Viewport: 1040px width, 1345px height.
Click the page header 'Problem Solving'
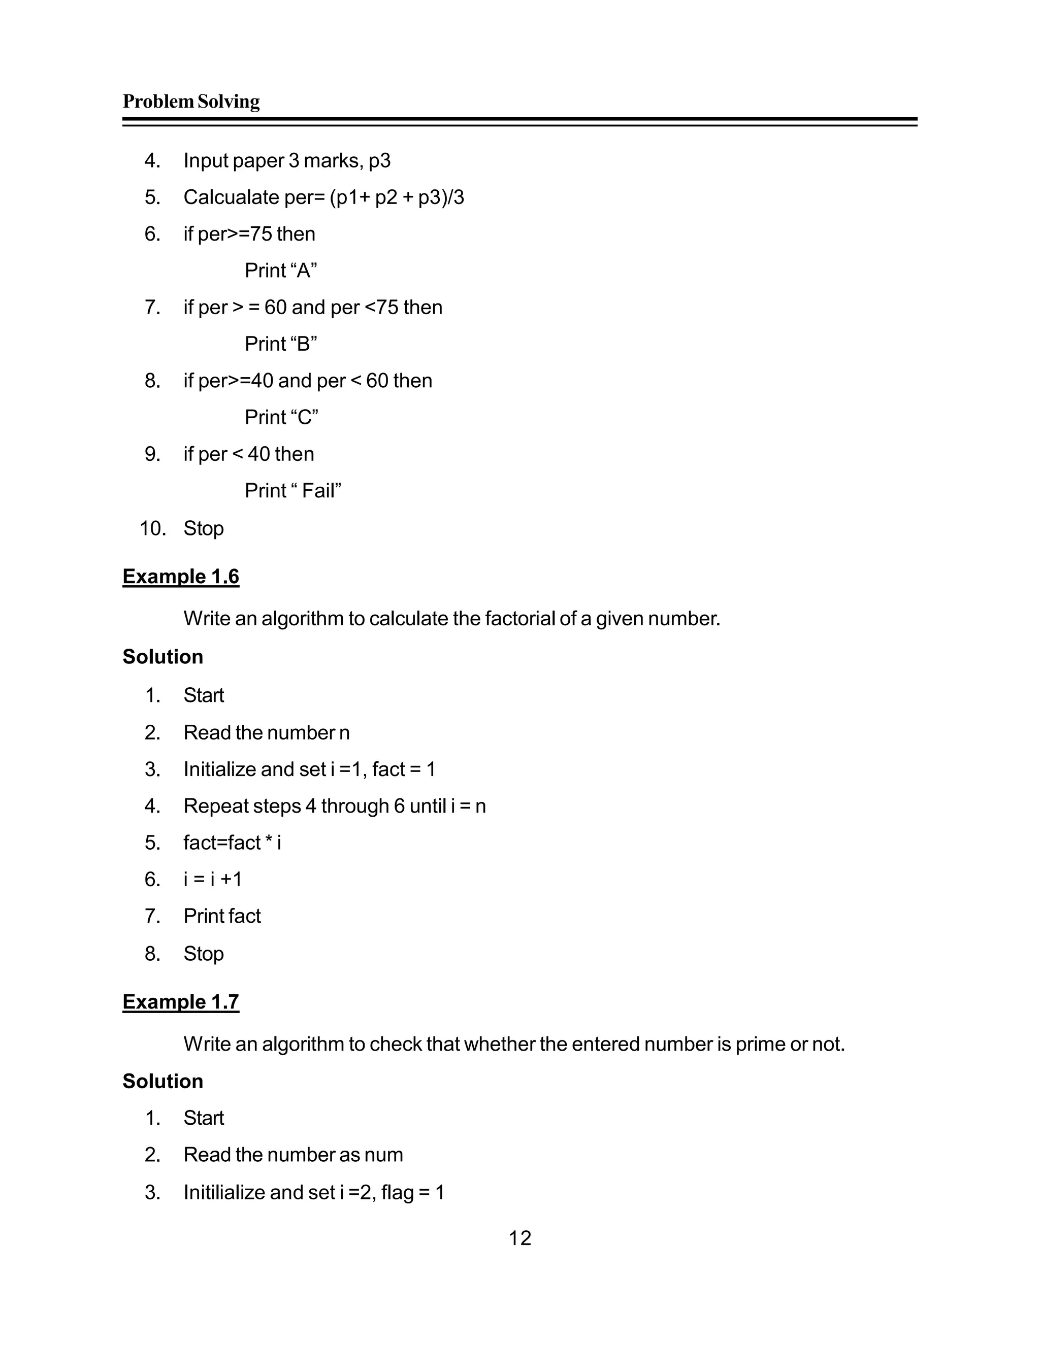[191, 102]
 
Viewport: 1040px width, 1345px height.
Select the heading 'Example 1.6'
[180, 577]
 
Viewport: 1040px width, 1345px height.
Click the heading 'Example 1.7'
[180, 1002]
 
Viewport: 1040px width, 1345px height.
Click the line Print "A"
[280, 271]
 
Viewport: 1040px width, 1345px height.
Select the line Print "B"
[280, 344]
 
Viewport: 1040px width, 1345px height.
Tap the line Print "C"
[281, 417]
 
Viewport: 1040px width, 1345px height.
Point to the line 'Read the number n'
[266, 733]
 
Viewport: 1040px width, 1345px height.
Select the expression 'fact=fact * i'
[232, 843]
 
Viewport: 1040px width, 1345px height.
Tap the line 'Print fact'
[222, 916]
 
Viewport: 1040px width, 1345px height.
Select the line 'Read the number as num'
[294, 1155]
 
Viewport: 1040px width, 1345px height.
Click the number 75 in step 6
[261, 234]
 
